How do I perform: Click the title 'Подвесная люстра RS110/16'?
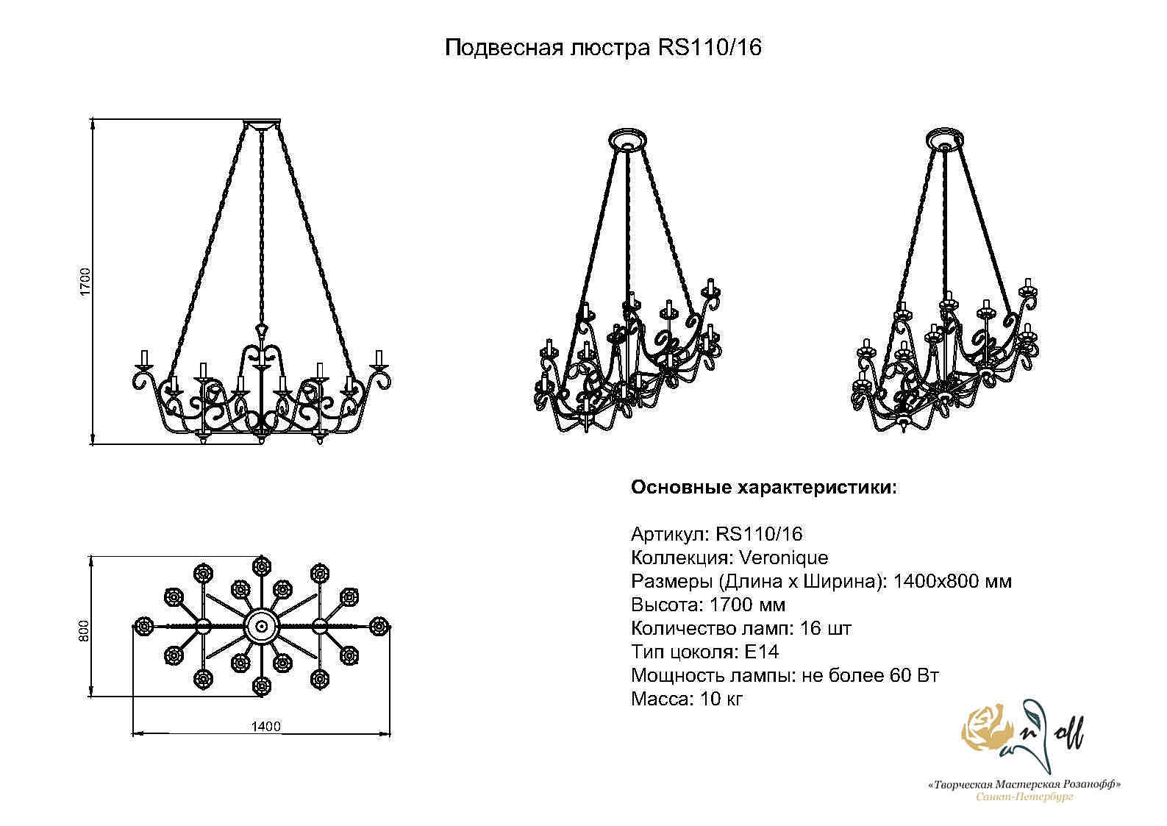coord(603,48)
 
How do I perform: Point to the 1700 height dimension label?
coord(85,282)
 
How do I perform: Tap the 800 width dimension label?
coord(85,631)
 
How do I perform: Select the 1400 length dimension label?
coord(265,727)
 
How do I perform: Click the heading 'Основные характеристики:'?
coord(764,488)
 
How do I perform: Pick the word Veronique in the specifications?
coord(784,558)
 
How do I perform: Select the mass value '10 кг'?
coord(721,699)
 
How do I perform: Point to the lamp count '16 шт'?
coord(825,628)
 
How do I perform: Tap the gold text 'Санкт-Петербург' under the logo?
coord(1024,812)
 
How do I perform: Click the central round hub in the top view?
coord(261,627)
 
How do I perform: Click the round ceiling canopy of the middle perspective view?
coord(628,140)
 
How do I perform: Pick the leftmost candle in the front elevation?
coord(144,357)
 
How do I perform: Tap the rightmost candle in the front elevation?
coord(379,357)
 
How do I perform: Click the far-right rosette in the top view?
coord(379,626)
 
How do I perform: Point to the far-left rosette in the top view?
coord(143,627)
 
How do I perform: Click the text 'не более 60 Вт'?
coord(870,675)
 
